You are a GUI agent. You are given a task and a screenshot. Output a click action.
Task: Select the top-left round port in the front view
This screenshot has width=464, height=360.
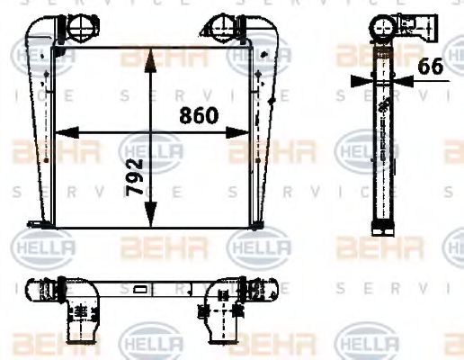point(74,27)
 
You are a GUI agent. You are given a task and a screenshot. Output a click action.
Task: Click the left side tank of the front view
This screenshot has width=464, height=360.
point(41,135)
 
